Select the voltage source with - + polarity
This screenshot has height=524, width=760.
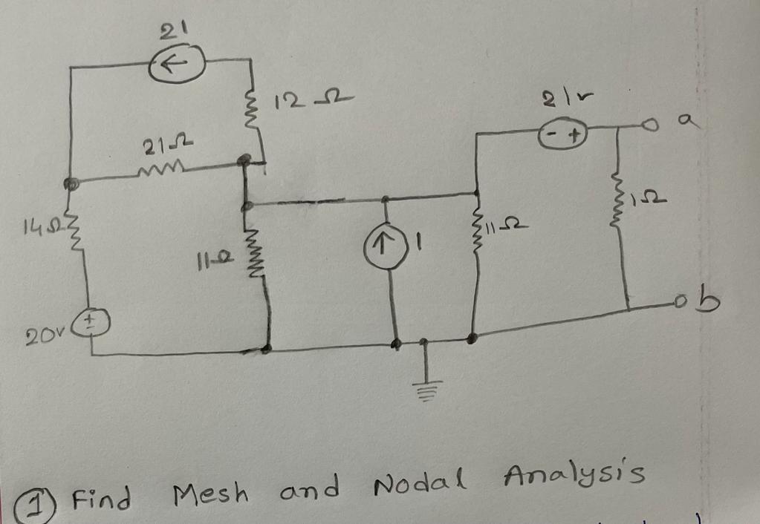562,136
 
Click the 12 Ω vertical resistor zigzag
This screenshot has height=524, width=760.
253,114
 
